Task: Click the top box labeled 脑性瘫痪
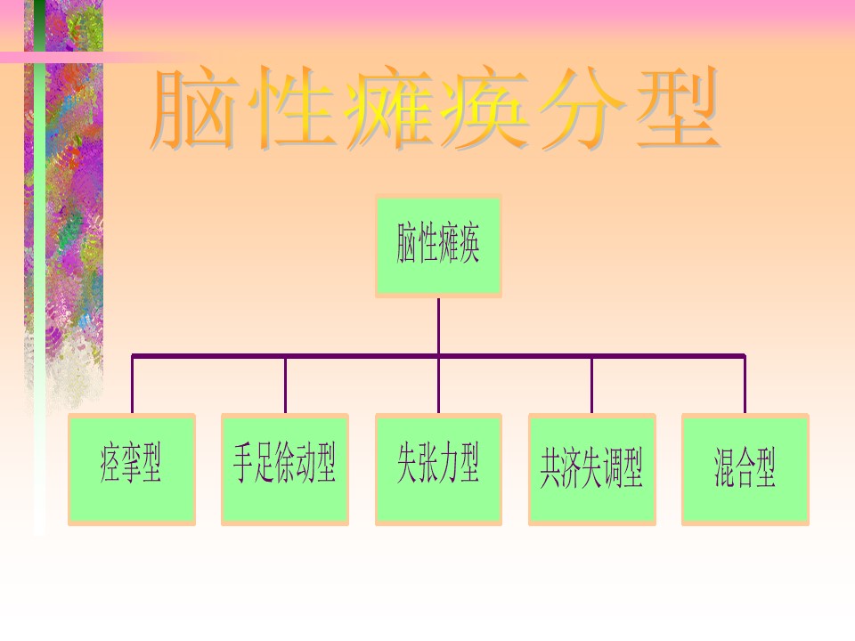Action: pyautogui.click(x=438, y=246)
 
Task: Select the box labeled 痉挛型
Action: pyautogui.click(x=132, y=468)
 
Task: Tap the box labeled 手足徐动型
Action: pyautogui.click(x=285, y=468)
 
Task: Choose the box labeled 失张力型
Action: pyautogui.click(x=438, y=468)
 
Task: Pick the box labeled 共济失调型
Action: pyautogui.click(x=591, y=468)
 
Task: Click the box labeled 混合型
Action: pyautogui.click(x=745, y=468)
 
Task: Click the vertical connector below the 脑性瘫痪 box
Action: pyautogui.click(x=438, y=326)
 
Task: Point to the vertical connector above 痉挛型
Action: pyautogui.click(x=132, y=385)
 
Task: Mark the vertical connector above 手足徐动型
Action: pyautogui.click(x=285, y=385)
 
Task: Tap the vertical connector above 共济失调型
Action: pyautogui.click(x=591, y=385)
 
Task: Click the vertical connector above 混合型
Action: pyautogui.click(x=745, y=385)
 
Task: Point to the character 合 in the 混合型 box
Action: pyautogui.click(x=745, y=468)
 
